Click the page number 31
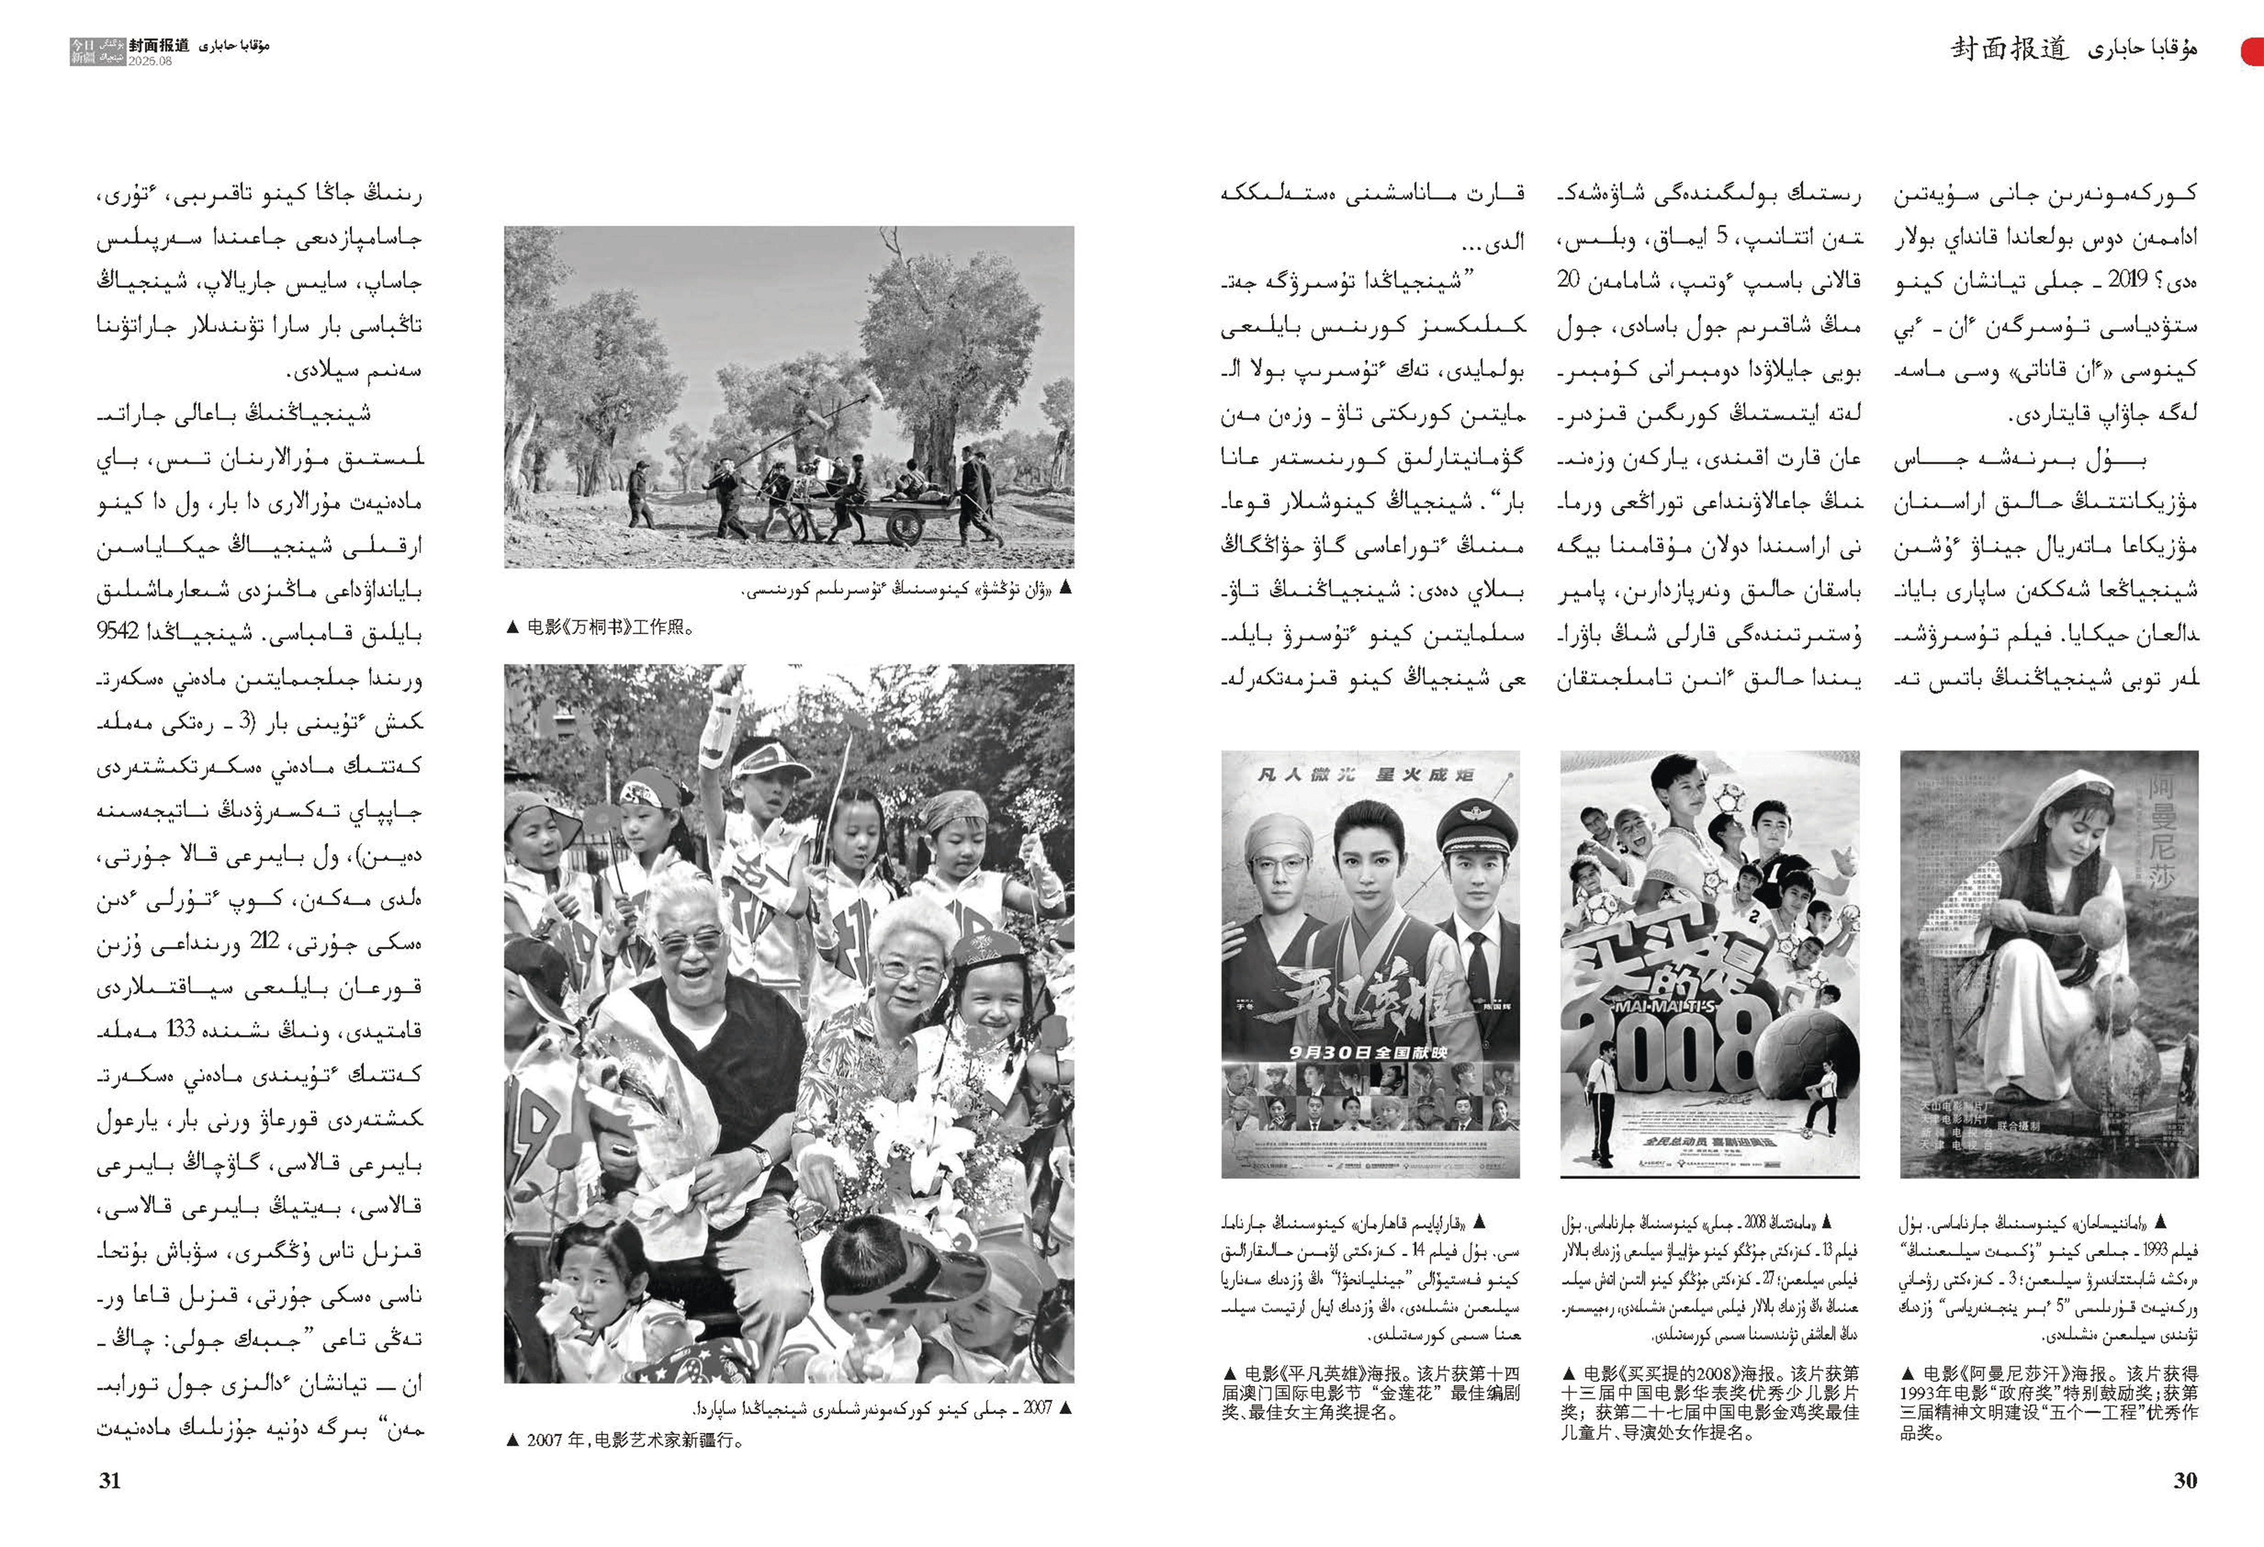[x=110, y=1480]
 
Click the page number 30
[x=2185, y=1480]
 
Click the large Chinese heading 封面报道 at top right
[x=2009, y=49]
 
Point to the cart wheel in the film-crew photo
[x=904, y=526]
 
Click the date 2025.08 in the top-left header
[x=150, y=60]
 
